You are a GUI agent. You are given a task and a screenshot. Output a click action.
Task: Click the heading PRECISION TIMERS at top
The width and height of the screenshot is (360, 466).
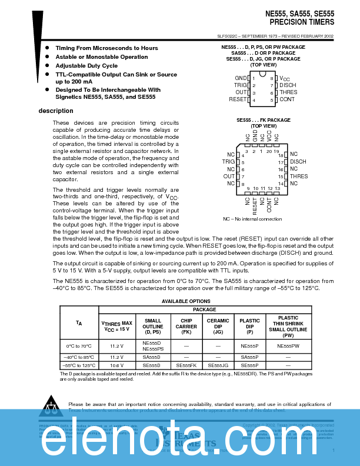[302, 22]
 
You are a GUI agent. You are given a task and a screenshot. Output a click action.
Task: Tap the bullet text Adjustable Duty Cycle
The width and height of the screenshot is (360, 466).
[86, 66]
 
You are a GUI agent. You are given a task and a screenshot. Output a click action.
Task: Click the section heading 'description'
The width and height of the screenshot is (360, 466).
[56, 111]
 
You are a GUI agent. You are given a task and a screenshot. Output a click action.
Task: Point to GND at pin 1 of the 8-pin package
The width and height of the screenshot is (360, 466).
[241, 78]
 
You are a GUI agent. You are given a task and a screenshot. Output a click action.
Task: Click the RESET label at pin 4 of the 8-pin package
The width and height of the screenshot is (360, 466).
[237, 100]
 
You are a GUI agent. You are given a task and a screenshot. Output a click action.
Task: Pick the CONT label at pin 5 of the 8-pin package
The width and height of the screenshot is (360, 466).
[287, 100]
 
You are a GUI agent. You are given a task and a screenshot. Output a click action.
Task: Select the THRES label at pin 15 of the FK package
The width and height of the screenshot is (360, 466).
[298, 177]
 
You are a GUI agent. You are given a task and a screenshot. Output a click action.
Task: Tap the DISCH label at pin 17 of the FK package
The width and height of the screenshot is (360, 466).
[298, 162]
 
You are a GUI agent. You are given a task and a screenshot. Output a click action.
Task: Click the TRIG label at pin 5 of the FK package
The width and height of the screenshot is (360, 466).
[228, 162]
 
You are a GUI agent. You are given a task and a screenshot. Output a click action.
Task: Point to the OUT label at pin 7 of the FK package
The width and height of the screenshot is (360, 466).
[229, 177]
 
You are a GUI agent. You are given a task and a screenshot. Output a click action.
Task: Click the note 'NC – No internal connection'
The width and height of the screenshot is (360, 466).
[252, 219]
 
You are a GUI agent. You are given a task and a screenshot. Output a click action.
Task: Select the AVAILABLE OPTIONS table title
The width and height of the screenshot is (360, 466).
[186, 301]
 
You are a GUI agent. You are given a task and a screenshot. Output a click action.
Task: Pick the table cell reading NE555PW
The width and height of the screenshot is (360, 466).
[288, 347]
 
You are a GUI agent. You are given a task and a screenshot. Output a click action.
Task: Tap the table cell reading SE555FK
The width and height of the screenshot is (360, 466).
[186, 365]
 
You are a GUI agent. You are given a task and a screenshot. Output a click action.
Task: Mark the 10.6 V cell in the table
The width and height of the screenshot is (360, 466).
[117, 365]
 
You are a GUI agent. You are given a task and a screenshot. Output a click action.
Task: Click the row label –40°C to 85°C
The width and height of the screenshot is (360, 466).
[79, 357]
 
